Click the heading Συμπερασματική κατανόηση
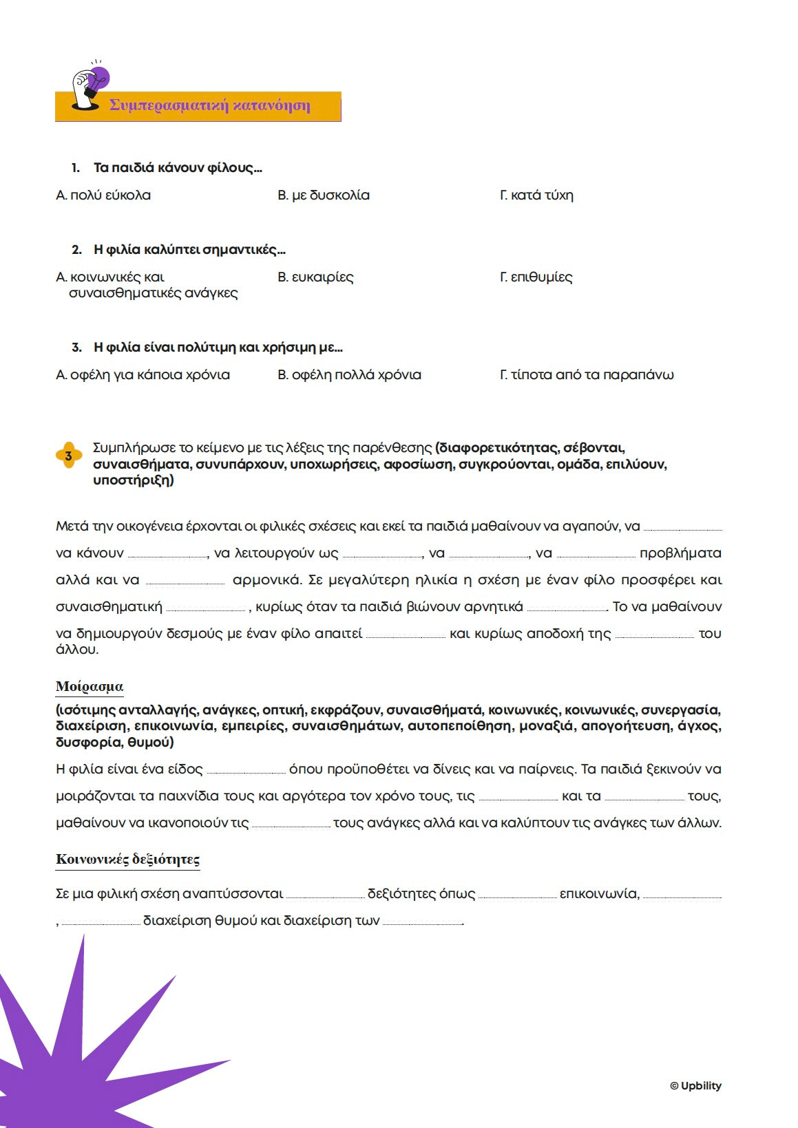[x=209, y=106]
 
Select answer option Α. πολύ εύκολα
[x=103, y=195]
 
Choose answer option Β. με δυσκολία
[x=324, y=195]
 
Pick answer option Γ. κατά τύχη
[x=536, y=195]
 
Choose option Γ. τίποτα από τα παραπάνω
[x=587, y=375]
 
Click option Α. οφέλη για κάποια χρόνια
[x=143, y=375]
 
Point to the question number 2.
[x=76, y=250]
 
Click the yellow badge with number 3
[x=68, y=456]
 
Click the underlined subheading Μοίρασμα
[x=90, y=686]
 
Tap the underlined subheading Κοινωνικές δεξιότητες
[x=127, y=859]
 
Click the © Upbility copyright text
[x=695, y=1085]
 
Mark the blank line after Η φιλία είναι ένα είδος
[x=246, y=771]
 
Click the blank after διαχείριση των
[x=422, y=923]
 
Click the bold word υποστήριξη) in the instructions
[x=134, y=480]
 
